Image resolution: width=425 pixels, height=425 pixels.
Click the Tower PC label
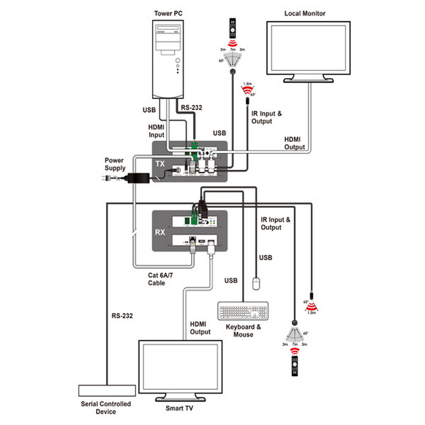[168, 13]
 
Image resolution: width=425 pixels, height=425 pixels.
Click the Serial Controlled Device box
[107, 390]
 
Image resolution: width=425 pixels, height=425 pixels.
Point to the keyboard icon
[243, 311]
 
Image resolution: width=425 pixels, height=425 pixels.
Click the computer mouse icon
[256, 283]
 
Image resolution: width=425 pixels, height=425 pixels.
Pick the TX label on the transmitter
[160, 164]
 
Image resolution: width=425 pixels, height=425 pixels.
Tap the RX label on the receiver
[160, 232]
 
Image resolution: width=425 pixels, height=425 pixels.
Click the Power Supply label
[115, 164]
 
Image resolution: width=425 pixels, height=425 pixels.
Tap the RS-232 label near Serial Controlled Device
[122, 316]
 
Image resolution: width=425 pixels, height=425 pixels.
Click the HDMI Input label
[156, 131]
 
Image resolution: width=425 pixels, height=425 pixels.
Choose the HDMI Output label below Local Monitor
[294, 143]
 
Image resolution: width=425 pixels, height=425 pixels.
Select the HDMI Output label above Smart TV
[200, 328]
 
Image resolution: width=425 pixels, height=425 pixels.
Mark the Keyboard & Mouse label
[243, 330]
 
